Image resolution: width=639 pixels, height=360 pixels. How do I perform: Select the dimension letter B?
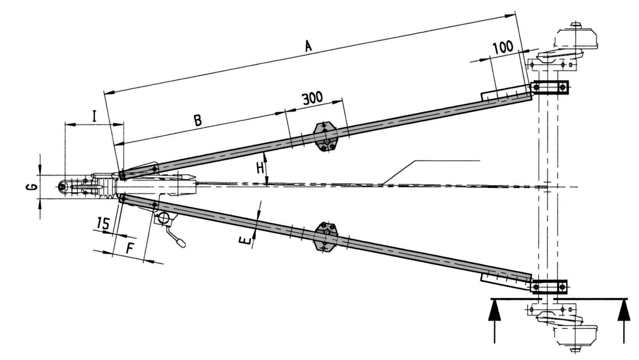click(x=197, y=120)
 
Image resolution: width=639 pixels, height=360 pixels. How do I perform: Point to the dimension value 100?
click(x=503, y=47)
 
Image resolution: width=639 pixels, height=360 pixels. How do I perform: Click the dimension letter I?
click(x=94, y=116)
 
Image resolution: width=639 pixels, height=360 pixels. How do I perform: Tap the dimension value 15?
click(x=104, y=224)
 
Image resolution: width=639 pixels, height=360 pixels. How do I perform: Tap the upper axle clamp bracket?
click(x=550, y=87)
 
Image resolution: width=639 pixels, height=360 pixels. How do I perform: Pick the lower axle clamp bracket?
click(x=549, y=286)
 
